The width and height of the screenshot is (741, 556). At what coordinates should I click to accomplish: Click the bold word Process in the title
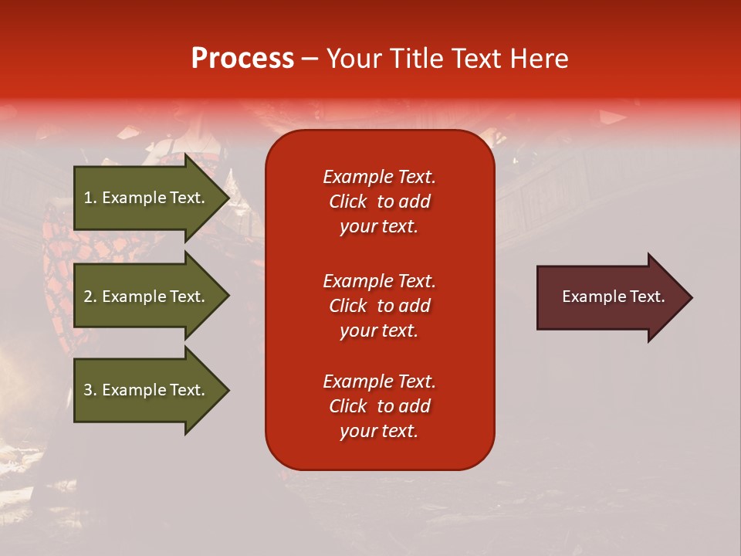point(243,59)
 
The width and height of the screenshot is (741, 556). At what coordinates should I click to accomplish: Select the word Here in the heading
point(538,58)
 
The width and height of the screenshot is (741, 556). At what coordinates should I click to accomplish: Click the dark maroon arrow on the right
point(614,297)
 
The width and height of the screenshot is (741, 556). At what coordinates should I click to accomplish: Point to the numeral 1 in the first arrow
point(87,198)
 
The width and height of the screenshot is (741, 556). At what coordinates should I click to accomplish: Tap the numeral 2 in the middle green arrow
point(88,297)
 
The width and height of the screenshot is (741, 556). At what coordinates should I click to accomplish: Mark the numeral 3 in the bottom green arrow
point(88,390)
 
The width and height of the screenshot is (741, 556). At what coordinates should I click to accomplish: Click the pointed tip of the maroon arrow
point(692,297)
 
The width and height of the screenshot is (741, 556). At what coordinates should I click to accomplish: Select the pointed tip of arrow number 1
point(230,198)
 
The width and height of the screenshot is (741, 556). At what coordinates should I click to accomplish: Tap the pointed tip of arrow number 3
point(230,390)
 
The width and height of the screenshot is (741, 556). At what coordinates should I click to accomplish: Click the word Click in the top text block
point(348,202)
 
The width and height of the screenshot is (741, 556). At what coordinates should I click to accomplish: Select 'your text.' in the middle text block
point(379,331)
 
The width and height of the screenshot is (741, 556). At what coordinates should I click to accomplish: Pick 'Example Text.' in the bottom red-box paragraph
point(380,381)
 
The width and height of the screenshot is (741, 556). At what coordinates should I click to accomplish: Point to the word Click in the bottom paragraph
point(348,405)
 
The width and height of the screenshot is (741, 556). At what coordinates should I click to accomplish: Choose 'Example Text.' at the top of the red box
point(380,176)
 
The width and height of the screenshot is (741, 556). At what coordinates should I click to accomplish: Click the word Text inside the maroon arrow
point(648,297)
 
